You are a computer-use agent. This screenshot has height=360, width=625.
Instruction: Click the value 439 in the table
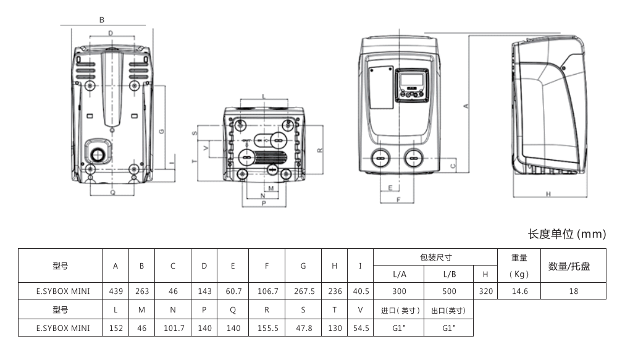tap(115, 291)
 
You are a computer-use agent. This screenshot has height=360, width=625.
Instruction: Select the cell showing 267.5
tap(303, 291)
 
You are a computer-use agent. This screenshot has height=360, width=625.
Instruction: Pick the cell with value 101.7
tap(173, 328)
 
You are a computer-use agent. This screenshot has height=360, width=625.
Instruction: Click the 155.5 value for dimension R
tap(267, 328)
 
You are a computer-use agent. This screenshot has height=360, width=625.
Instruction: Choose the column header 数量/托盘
tap(569, 266)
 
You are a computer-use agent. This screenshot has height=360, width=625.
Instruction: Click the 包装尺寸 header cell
tap(435, 257)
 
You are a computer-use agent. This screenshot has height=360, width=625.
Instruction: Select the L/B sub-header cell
tap(449, 274)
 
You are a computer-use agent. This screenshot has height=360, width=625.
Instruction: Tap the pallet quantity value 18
tap(573, 291)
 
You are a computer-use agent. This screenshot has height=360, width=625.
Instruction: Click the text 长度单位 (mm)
tap(566, 234)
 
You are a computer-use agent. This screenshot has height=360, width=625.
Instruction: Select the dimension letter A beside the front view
tap(466, 106)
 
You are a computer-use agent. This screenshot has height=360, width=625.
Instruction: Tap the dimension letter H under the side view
tap(548, 194)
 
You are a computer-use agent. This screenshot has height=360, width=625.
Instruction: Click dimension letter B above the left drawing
tap(102, 20)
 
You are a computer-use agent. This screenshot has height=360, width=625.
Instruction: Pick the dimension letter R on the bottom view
tap(319, 150)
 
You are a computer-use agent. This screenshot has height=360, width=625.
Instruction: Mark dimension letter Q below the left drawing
tap(112, 191)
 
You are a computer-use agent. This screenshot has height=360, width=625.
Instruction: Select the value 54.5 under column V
tap(360, 328)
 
